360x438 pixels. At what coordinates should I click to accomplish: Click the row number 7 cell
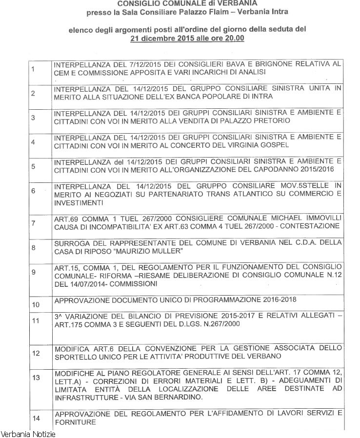(33, 223)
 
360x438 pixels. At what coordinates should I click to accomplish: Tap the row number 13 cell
(35, 378)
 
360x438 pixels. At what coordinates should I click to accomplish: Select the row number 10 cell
(35, 304)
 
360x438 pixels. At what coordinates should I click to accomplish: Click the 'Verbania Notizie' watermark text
(28, 434)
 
